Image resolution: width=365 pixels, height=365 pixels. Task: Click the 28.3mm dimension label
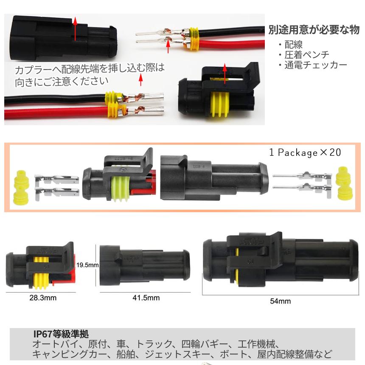click(42, 298)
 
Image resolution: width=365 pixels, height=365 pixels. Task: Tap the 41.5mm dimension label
click(146, 298)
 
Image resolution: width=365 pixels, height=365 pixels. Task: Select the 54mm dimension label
click(280, 301)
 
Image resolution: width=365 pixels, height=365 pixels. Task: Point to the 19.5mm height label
click(87, 265)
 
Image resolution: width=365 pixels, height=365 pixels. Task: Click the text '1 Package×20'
click(305, 152)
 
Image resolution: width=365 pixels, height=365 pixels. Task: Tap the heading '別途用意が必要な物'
click(314, 30)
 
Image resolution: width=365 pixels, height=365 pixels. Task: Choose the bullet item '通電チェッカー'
click(315, 65)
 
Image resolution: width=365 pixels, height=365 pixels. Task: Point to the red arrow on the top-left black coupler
click(75, 28)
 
